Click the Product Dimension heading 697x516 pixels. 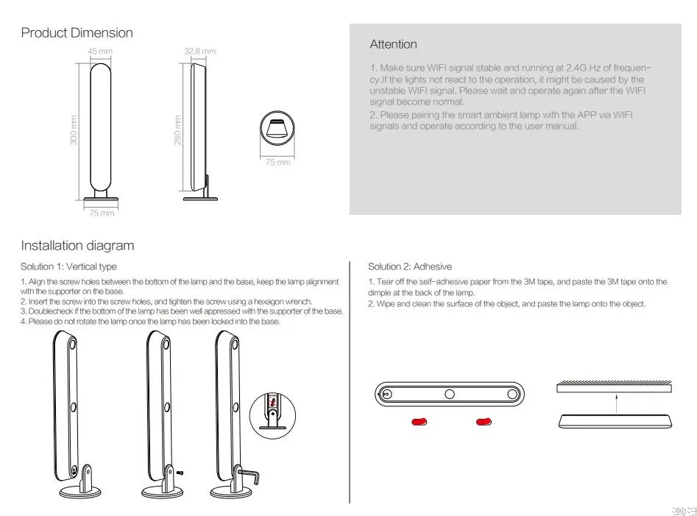click(x=77, y=33)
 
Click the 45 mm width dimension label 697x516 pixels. click(x=99, y=51)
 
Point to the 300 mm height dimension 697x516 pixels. click(x=74, y=130)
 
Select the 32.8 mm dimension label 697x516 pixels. click(x=199, y=51)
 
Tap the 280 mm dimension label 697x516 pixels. click(x=177, y=130)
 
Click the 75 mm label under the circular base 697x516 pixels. click(x=277, y=162)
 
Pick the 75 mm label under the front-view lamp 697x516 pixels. click(x=102, y=213)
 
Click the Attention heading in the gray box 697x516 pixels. click(x=393, y=45)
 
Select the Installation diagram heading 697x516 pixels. click(x=77, y=246)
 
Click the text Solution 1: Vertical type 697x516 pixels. click(x=68, y=266)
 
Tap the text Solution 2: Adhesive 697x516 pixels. click(x=409, y=266)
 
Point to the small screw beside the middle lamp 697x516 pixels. click(x=180, y=471)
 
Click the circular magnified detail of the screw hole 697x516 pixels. click(x=273, y=411)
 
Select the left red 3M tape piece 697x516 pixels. click(x=420, y=422)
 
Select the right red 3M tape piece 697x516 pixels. click(x=484, y=422)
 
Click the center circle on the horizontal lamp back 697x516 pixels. click(x=449, y=394)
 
